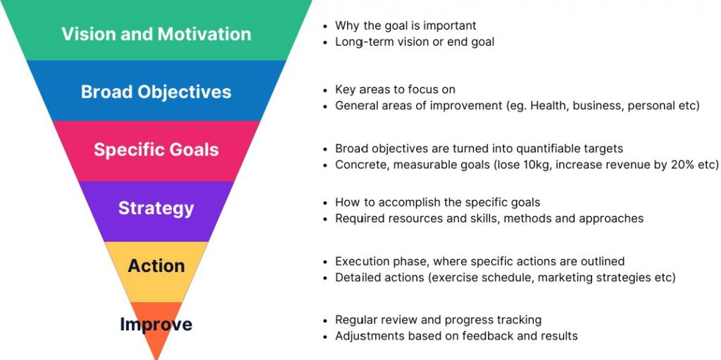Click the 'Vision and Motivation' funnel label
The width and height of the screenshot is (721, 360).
tap(156, 34)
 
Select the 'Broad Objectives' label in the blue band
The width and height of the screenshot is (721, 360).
tap(156, 92)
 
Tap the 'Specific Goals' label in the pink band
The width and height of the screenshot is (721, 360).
tap(156, 149)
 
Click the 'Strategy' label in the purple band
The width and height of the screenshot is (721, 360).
tap(156, 208)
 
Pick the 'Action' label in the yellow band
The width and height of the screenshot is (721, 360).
tap(156, 266)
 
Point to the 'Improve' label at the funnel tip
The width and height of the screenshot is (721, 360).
tap(156, 324)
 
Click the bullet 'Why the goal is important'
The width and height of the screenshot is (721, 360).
tap(406, 25)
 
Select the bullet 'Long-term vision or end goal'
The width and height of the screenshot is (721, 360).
tap(414, 42)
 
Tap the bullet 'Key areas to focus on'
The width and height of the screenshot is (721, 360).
tap(395, 89)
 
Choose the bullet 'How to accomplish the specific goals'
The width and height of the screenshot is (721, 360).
tap(437, 202)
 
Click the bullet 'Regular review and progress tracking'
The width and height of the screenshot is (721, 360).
tap(438, 320)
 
